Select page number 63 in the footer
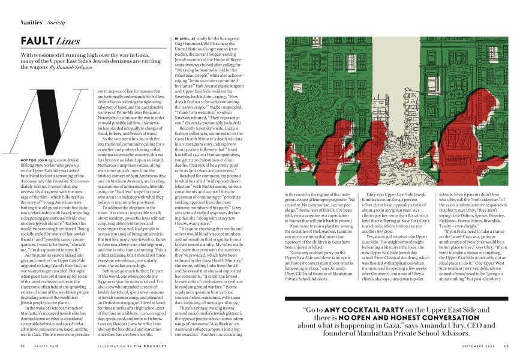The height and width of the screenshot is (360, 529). (506, 346)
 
